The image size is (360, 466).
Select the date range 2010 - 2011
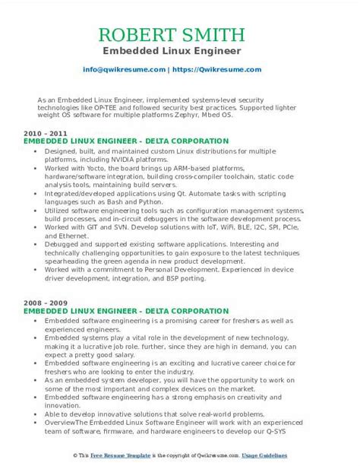(x=43, y=133)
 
